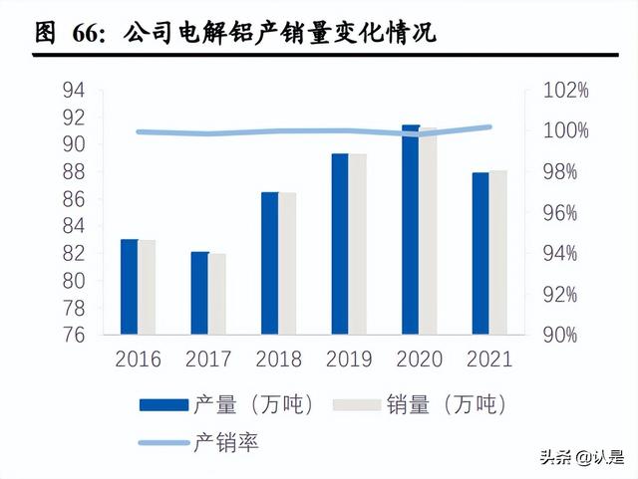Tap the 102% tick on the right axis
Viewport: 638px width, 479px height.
pyautogui.click(x=566, y=90)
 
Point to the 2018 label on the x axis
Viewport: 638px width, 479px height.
pyautogui.click(x=279, y=359)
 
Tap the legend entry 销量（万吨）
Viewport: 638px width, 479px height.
pyautogui.click(x=445, y=404)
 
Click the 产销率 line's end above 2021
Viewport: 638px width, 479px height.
pyautogui.click(x=489, y=126)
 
